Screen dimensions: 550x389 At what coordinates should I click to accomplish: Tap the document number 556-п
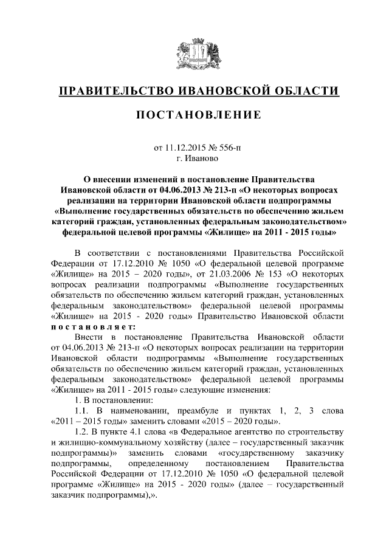coord(227,147)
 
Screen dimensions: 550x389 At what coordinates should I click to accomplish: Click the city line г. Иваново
coord(194,158)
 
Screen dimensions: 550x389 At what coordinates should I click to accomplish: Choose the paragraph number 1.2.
coord(83,432)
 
